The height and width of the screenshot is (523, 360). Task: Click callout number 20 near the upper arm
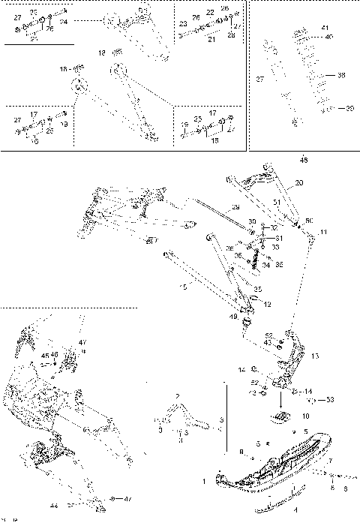[x=299, y=182]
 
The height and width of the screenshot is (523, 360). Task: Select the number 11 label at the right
[x=323, y=233]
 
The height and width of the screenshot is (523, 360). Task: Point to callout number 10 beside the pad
[x=305, y=414]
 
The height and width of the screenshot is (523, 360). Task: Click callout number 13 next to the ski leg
[x=315, y=356]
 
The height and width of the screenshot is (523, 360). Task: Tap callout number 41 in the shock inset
[x=325, y=27]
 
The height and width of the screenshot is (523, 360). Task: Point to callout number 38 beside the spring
[x=340, y=75]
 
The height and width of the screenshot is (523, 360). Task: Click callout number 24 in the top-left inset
[x=63, y=23]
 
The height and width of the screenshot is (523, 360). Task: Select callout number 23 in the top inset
[x=183, y=24]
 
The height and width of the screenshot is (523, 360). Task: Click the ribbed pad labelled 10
[x=282, y=416]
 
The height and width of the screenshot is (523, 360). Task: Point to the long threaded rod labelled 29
[x=225, y=214]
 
